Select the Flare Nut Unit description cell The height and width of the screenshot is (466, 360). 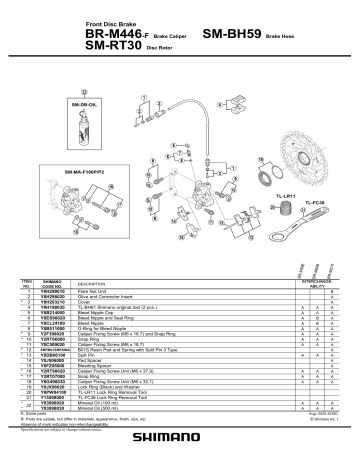(x=96, y=292)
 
